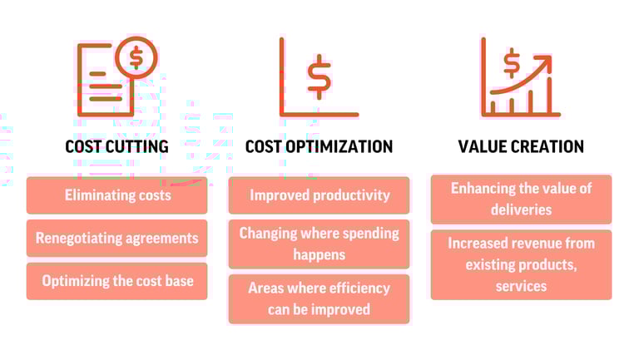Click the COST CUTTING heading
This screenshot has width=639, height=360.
pyautogui.click(x=117, y=146)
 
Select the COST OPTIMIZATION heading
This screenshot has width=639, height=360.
pyautogui.click(x=319, y=146)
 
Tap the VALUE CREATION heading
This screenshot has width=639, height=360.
pyautogui.click(x=521, y=146)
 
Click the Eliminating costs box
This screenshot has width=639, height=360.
pyautogui.click(x=117, y=195)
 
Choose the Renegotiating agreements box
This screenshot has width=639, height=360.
pyautogui.click(x=117, y=239)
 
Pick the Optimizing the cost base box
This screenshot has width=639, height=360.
pyautogui.click(x=117, y=281)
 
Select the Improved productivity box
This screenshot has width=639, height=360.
pyautogui.click(x=319, y=195)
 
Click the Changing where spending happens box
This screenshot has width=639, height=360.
pyautogui.click(x=319, y=244)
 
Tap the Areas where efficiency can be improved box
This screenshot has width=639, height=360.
pyautogui.click(x=319, y=299)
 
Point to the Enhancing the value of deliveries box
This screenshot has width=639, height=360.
pyautogui.click(x=521, y=200)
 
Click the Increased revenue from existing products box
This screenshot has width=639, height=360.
pyautogui.click(x=521, y=264)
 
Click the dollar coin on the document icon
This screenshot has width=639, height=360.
pyautogui.click(x=136, y=57)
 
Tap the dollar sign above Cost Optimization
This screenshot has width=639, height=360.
pyautogui.click(x=319, y=76)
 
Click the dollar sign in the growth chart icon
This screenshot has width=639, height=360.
pyautogui.click(x=512, y=63)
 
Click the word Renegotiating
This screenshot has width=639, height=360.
pyautogui.click(x=79, y=239)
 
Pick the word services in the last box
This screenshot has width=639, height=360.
pyautogui.click(x=521, y=286)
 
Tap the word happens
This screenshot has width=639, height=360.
pyautogui.click(x=319, y=255)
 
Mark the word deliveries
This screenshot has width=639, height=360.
pyautogui.click(x=521, y=210)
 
